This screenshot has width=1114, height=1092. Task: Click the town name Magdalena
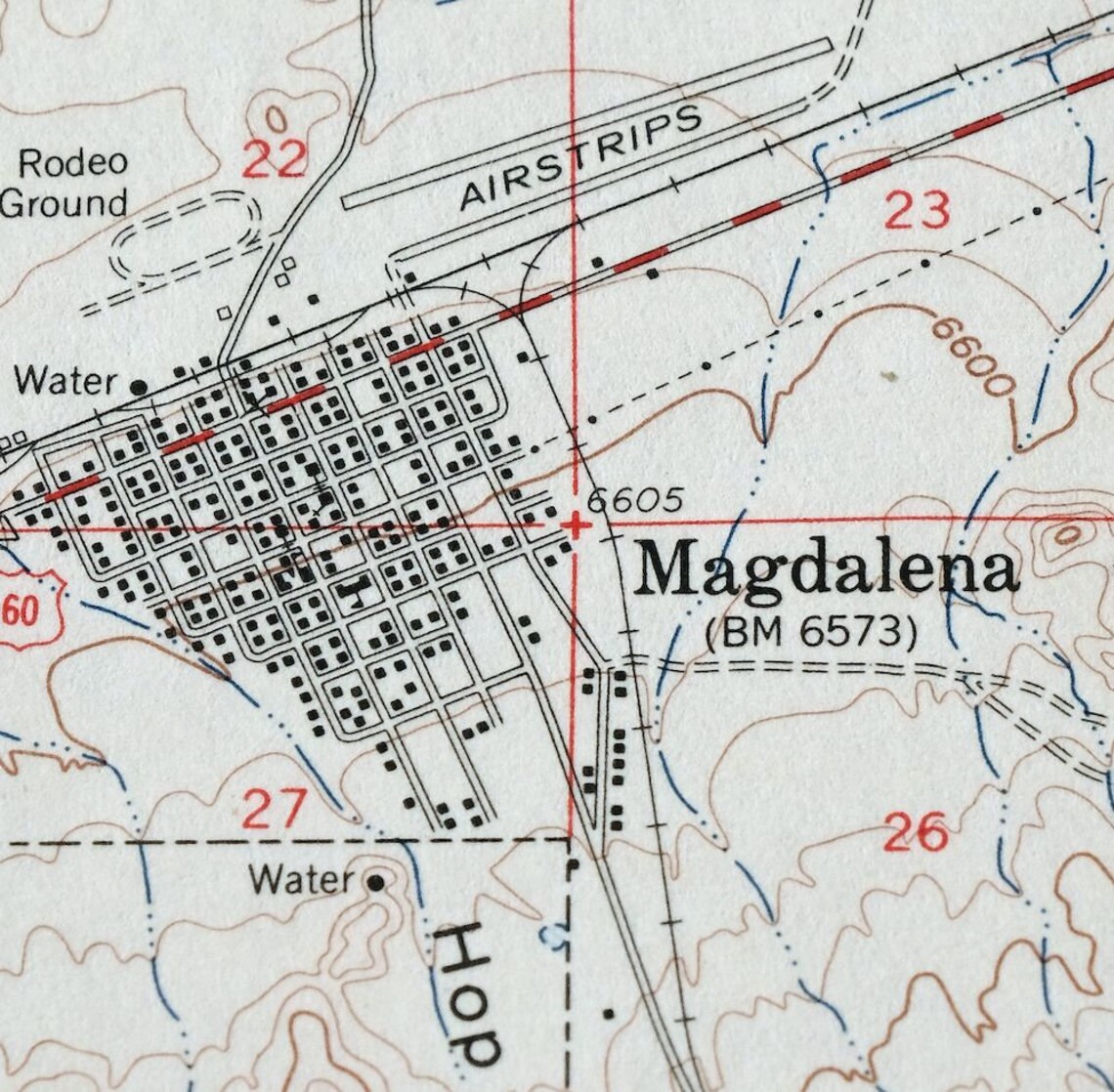click(826, 569)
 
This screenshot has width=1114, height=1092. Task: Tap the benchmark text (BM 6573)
click(811, 633)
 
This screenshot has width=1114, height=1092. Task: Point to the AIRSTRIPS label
click(582, 156)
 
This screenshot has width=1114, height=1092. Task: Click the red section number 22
click(275, 159)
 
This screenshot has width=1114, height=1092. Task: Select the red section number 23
click(917, 210)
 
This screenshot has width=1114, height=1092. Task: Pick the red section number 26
click(915, 832)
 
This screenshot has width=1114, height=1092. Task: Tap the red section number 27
click(275, 810)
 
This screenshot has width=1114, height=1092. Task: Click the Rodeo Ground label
click(66, 183)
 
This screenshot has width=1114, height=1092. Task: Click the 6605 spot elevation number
click(634, 500)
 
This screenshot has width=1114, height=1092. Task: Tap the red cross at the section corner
click(575, 526)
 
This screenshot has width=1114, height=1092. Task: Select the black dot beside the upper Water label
click(140, 387)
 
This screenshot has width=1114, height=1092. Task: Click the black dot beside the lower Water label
click(375, 883)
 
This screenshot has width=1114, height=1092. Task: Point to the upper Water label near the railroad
click(65, 381)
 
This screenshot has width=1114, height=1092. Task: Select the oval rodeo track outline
click(186, 234)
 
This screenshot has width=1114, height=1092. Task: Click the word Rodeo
click(73, 162)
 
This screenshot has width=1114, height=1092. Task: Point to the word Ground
click(64, 203)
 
